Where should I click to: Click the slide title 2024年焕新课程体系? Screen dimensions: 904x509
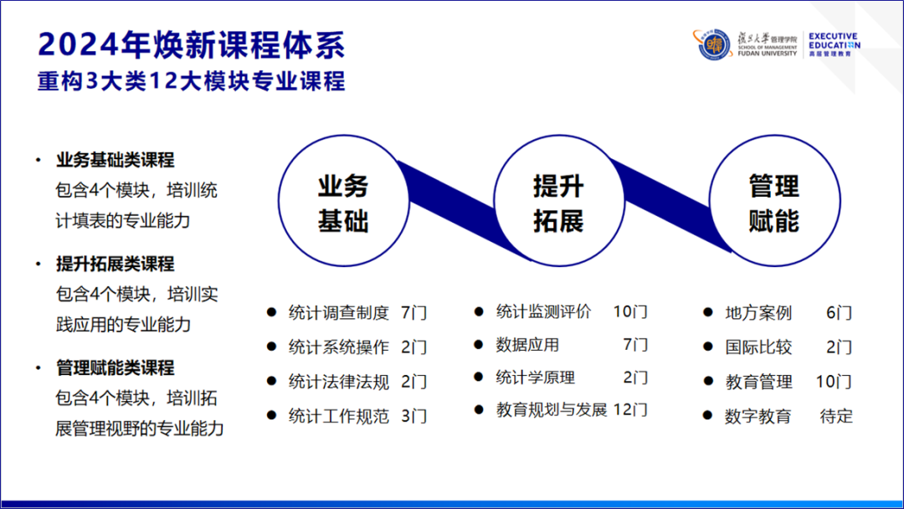pyautogui.click(x=192, y=44)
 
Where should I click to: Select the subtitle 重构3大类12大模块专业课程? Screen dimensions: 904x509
pyautogui.click(x=192, y=81)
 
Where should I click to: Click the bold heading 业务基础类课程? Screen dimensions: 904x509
pyautogui.click(x=116, y=160)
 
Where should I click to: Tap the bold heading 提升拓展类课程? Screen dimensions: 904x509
pyautogui.click(x=116, y=264)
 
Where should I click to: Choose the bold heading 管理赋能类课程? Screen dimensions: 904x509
pyautogui.click(x=116, y=368)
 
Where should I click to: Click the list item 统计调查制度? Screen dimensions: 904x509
pyautogui.click(x=339, y=313)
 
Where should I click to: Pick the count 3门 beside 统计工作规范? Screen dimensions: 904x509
pyautogui.click(x=414, y=416)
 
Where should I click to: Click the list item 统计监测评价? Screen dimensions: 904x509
pyautogui.click(x=544, y=312)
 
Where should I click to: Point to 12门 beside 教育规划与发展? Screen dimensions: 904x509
pyautogui.click(x=630, y=410)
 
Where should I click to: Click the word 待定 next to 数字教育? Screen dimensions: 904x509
pyautogui.click(x=836, y=416)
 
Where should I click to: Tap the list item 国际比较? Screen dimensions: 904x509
pyautogui.click(x=758, y=347)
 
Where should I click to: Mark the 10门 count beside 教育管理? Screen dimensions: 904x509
pyautogui.click(x=834, y=382)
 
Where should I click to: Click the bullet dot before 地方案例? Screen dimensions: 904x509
pyautogui.click(x=708, y=312)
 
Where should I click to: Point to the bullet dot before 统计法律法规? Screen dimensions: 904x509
pyautogui.click(x=271, y=381)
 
